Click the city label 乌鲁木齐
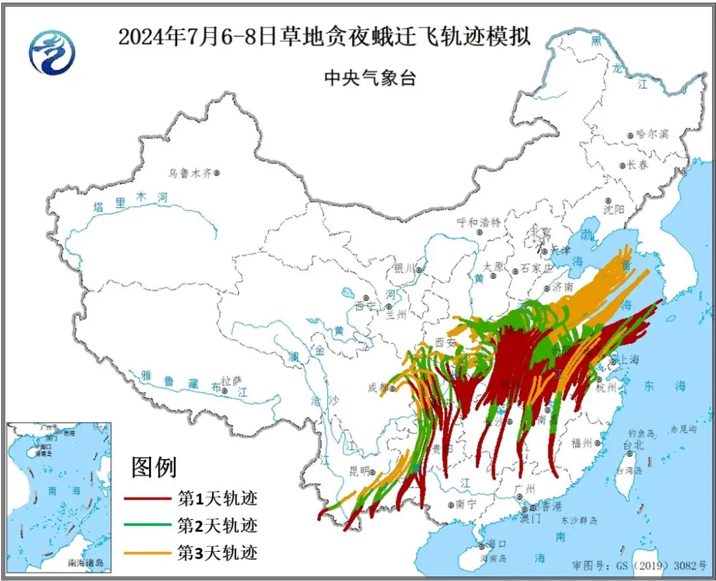(189, 173)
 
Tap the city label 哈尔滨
(652, 134)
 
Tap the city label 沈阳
(615, 209)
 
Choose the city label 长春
(638, 165)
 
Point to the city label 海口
(496, 544)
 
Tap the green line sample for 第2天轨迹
(149, 527)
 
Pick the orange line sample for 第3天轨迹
(149, 553)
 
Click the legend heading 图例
(154, 468)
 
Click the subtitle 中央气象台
(369, 78)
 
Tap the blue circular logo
(52, 52)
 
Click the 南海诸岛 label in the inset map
(86, 562)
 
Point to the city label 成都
(377, 388)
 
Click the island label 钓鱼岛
(640, 433)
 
